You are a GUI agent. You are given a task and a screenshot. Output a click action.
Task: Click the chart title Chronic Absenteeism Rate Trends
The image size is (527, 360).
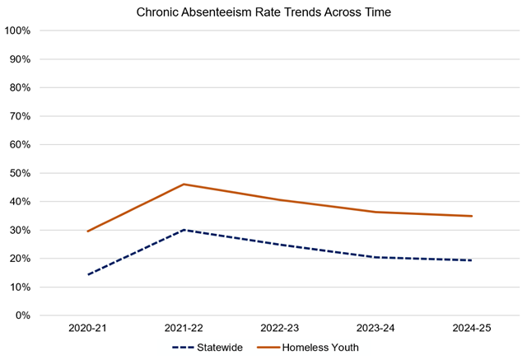[263, 12]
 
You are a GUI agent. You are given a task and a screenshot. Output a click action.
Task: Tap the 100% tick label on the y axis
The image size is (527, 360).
[17, 31]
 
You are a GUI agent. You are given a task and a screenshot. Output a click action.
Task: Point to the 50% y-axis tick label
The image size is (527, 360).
[20, 174]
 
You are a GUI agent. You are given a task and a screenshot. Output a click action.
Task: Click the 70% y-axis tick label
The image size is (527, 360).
[20, 116]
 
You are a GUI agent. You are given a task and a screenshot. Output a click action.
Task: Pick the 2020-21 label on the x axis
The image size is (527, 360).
[87, 329]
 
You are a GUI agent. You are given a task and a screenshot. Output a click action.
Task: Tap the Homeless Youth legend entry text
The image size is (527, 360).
[322, 348]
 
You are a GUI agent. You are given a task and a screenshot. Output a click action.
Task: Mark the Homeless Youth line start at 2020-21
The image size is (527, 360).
[87, 231]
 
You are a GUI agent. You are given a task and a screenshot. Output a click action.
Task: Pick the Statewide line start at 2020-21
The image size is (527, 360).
[87, 274]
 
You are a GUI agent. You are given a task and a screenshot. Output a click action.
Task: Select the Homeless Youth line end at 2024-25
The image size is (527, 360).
[471, 216]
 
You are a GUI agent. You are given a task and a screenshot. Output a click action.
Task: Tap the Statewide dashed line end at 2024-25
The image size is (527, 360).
[471, 260]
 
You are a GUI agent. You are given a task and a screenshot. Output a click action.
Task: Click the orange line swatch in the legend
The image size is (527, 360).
[268, 348]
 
